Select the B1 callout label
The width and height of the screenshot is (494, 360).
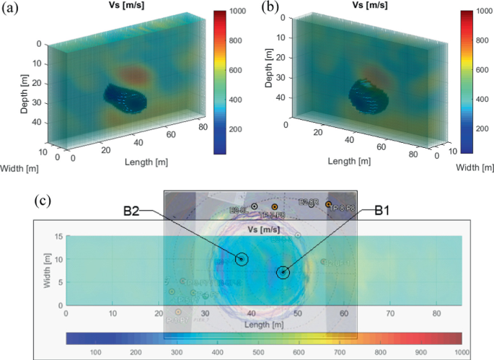tap(385, 212)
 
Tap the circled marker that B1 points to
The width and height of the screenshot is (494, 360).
tap(283, 273)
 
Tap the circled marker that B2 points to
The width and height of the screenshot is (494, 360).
tap(242, 259)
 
